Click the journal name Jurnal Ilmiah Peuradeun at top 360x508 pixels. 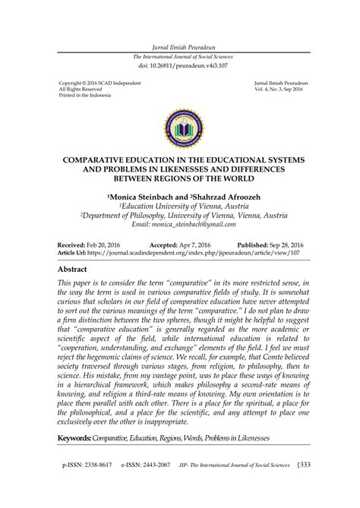tap(180, 47)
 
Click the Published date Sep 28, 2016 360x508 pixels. tap(286, 245)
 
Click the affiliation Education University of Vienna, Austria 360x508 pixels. tap(180, 206)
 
